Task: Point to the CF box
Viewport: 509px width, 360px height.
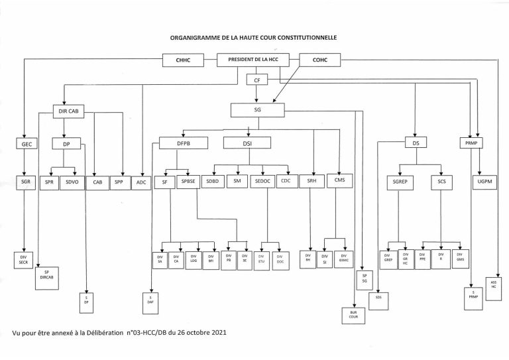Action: (x=256, y=80)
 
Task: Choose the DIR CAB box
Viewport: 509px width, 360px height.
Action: (x=69, y=112)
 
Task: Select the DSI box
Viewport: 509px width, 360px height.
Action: (x=247, y=142)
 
